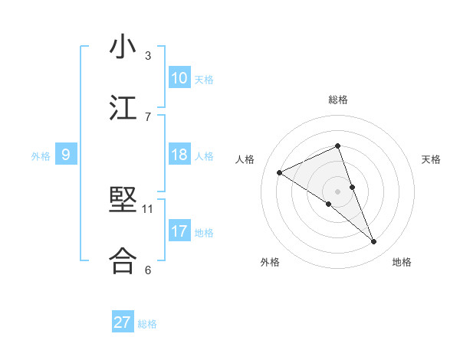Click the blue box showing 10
(179, 78)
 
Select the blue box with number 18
(179, 155)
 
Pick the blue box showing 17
(179, 231)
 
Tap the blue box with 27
(123, 322)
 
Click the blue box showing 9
(66, 155)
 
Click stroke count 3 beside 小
(148, 56)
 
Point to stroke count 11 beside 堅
(148, 208)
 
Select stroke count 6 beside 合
(148, 270)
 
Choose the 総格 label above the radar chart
(337, 100)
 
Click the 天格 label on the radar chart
(431, 159)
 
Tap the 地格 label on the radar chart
(402, 262)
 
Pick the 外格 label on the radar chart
(270, 262)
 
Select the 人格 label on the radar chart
(245, 159)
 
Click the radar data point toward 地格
(374, 242)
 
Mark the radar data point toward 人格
(280, 173)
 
